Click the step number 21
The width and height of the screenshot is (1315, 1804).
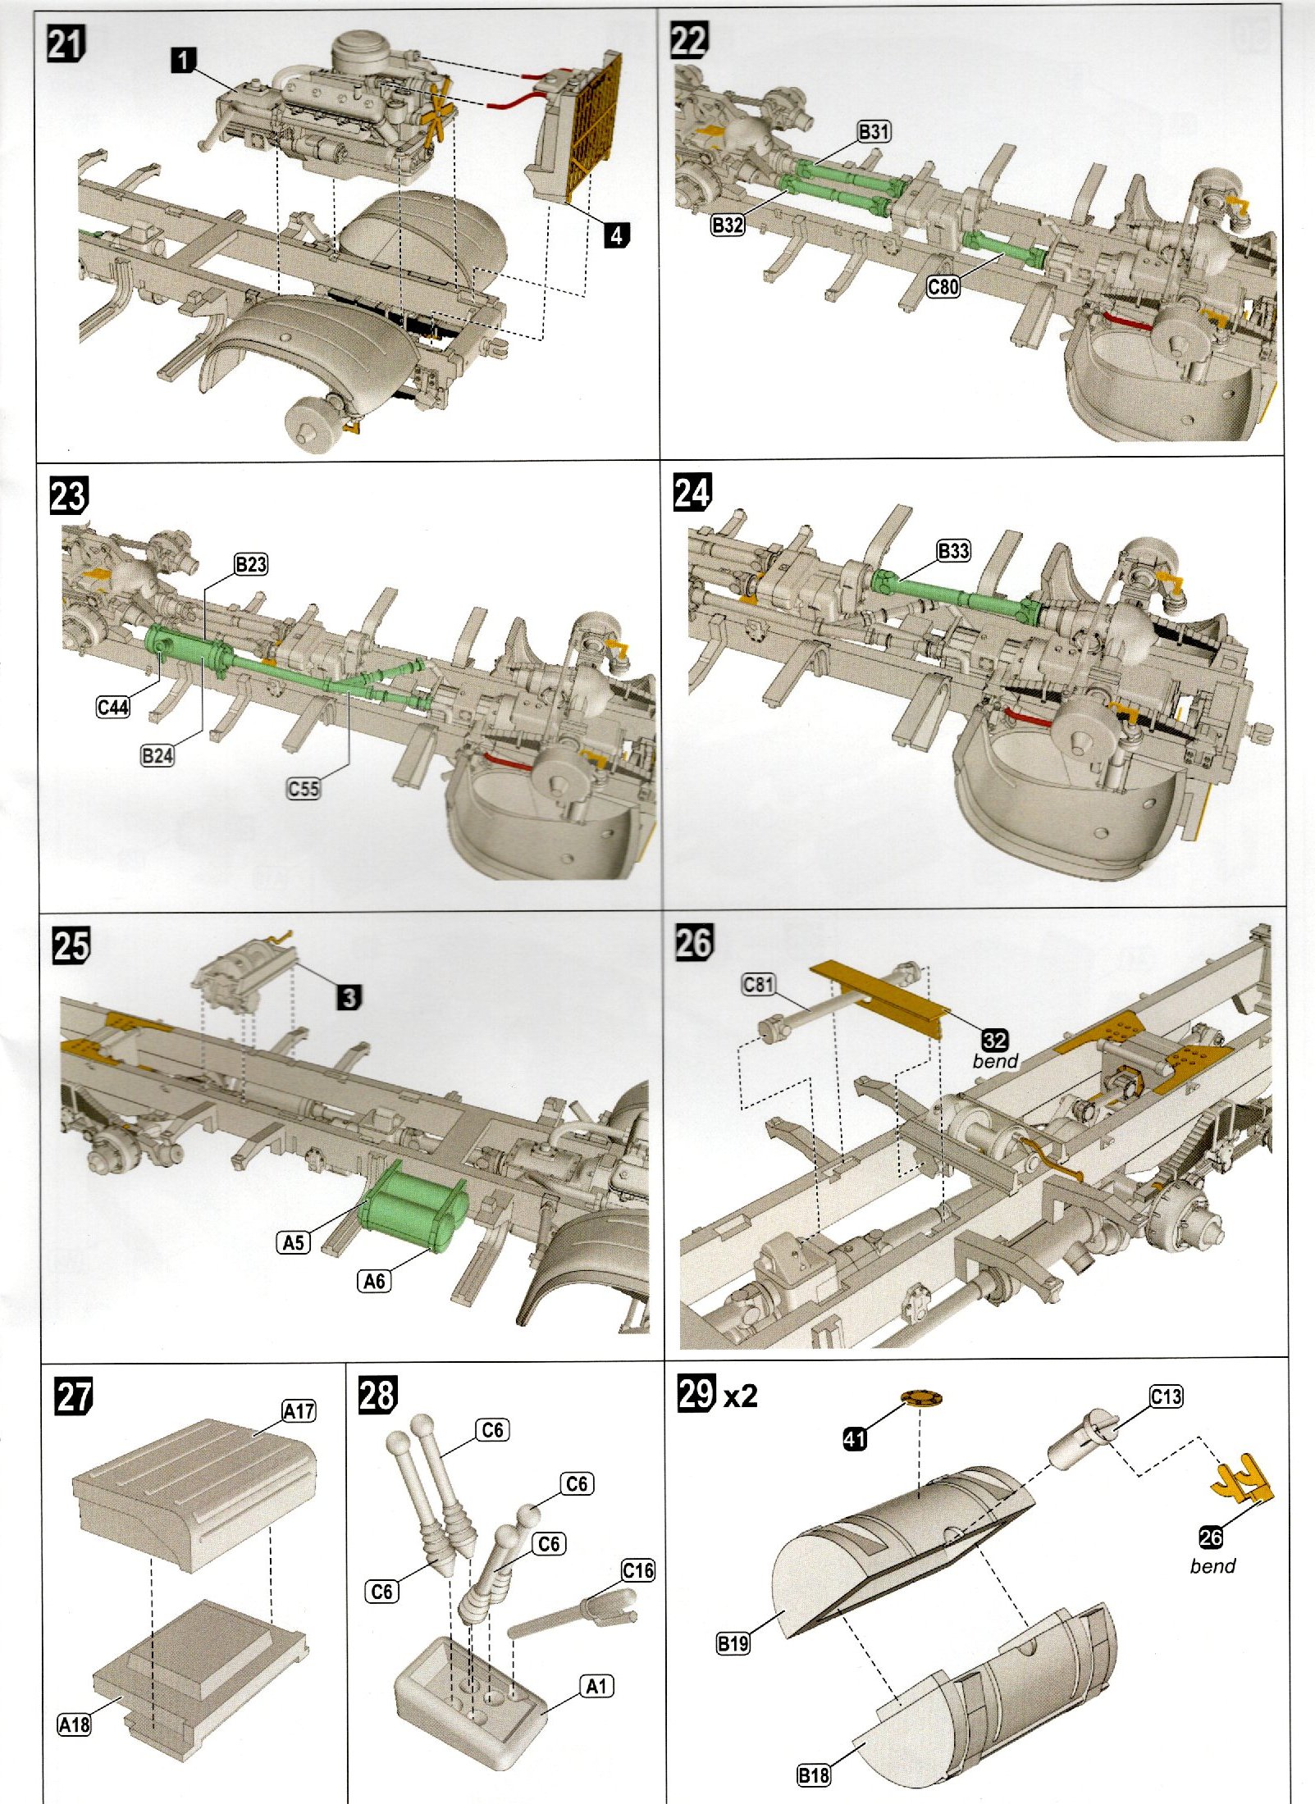tap(66, 43)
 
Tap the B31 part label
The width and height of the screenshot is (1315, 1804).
tap(874, 131)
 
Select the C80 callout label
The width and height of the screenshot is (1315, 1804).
tap(943, 286)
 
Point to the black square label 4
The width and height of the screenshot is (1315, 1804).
tap(616, 235)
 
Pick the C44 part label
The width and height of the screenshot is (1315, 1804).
tap(112, 707)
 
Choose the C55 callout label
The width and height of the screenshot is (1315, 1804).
tap(303, 789)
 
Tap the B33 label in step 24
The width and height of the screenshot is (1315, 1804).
tap(953, 551)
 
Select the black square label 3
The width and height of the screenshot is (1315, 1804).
tap(349, 997)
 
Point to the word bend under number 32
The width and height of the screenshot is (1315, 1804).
tap(995, 1061)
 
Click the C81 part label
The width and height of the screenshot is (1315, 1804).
tap(758, 984)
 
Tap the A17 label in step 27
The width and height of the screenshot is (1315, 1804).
tap(299, 1411)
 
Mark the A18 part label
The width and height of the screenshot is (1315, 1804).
tap(74, 1724)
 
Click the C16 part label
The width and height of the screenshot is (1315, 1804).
tap(637, 1570)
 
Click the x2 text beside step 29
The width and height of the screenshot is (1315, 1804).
tap(741, 1396)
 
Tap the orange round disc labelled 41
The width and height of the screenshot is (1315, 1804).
tap(920, 1397)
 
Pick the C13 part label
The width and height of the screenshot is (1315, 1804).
tap(1166, 1396)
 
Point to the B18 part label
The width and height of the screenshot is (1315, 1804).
tap(813, 1775)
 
